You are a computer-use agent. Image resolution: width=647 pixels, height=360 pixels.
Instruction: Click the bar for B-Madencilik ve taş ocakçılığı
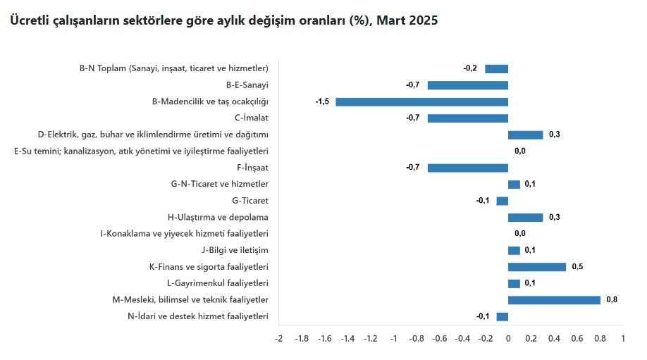421,101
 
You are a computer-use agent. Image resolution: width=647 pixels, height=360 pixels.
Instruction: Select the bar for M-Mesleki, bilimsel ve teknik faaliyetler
554,300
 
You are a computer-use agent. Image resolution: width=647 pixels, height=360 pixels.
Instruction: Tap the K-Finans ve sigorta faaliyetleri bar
536,267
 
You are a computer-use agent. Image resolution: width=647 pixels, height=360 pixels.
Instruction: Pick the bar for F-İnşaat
467,168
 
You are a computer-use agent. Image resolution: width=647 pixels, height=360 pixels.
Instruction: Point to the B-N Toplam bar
496,68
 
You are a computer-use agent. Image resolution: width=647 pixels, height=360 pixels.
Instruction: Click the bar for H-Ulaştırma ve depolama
525,217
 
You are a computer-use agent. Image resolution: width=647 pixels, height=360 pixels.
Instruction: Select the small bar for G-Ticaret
502,201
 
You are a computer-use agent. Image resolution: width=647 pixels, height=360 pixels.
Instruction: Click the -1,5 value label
322,101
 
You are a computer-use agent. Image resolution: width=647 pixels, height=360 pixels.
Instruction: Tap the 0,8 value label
611,300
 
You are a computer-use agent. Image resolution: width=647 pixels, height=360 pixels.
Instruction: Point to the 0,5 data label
577,267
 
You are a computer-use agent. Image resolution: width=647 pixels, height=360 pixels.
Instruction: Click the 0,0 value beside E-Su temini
520,151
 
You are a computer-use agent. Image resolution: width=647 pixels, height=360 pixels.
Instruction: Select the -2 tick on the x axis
278,339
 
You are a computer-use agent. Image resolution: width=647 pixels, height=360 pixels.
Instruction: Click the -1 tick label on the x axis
393,339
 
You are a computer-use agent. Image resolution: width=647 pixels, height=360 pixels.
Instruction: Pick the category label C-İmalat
252,118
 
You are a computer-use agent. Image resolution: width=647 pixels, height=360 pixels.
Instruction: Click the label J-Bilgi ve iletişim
235,250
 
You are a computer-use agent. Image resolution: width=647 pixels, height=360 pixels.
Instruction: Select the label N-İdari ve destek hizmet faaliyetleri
198,316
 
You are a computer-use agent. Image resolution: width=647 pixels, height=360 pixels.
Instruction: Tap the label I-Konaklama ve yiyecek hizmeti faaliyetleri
185,234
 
